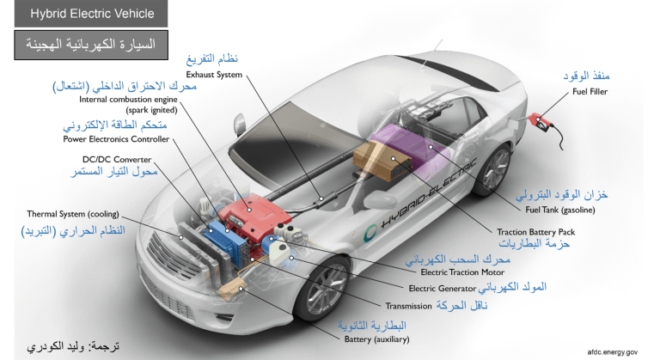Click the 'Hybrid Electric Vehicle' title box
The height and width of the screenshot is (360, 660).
92,14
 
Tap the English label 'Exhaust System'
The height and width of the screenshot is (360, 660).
214,75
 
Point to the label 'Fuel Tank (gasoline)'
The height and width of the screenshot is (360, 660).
555,210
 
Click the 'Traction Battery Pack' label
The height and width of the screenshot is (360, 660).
535,231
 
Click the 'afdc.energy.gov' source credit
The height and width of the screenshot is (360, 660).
613,351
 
